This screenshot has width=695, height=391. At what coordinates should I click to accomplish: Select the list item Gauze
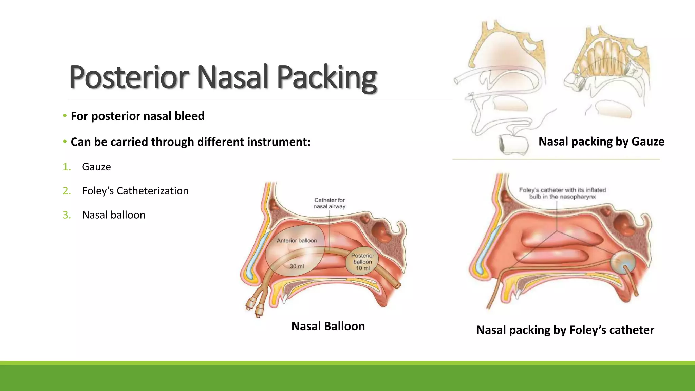(96, 167)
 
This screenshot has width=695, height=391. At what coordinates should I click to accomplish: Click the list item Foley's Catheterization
(135, 191)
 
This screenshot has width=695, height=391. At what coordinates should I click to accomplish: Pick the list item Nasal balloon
(114, 215)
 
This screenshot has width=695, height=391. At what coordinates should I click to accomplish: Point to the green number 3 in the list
(67, 215)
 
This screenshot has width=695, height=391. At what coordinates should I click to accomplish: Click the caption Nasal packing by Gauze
(601, 142)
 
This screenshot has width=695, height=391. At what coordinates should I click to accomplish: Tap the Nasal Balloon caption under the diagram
(328, 326)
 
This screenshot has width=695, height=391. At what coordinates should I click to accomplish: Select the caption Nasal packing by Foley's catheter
(565, 330)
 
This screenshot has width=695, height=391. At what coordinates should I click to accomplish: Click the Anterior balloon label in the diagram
(297, 240)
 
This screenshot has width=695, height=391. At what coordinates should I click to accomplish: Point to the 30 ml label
(297, 266)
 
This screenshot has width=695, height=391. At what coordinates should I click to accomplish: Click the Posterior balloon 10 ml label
(362, 262)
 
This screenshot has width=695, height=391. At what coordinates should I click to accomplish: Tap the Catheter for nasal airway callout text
(329, 203)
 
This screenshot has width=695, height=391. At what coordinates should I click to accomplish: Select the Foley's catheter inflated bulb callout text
(562, 193)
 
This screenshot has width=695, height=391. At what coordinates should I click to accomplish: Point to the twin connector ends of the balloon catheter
(255, 305)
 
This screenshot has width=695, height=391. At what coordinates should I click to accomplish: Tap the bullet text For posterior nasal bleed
(137, 116)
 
